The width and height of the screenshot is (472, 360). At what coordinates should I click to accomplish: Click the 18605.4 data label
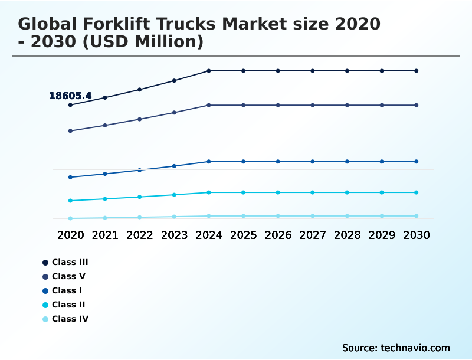(x=70, y=96)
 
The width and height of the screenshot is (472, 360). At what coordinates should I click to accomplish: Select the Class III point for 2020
(x=71, y=105)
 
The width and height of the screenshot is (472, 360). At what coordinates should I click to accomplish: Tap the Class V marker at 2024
(x=209, y=105)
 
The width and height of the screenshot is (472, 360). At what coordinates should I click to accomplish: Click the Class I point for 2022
(x=140, y=170)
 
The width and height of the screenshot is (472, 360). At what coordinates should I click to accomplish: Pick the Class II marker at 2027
(x=313, y=192)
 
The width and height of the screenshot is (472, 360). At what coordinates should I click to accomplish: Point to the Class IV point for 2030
(x=417, y=216)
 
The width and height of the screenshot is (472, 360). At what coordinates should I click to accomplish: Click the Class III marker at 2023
(x=174, y=80)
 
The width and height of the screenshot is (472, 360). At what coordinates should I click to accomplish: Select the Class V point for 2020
(x=71, y=131)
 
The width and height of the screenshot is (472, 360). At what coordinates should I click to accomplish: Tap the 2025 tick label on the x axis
(x=243, y=235)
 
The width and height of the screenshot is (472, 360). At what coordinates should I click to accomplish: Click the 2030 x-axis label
(x=417, y=235)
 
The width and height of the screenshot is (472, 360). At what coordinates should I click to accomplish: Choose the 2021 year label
(x=105, y=235)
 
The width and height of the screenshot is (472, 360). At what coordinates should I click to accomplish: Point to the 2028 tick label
(x=347, y=235)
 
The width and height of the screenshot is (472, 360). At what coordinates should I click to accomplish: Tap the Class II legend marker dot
(x=45, y=305)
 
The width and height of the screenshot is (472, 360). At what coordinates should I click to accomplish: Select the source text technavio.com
(x=415, y=348)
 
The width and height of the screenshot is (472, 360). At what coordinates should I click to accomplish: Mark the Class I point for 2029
(x=382, y=162)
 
